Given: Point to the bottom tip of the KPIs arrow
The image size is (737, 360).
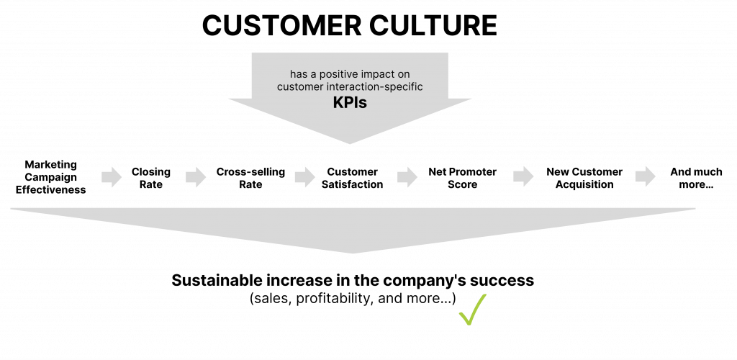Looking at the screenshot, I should tap(351, 143).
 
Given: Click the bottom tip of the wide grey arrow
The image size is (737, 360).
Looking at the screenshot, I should tap(353, 253).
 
